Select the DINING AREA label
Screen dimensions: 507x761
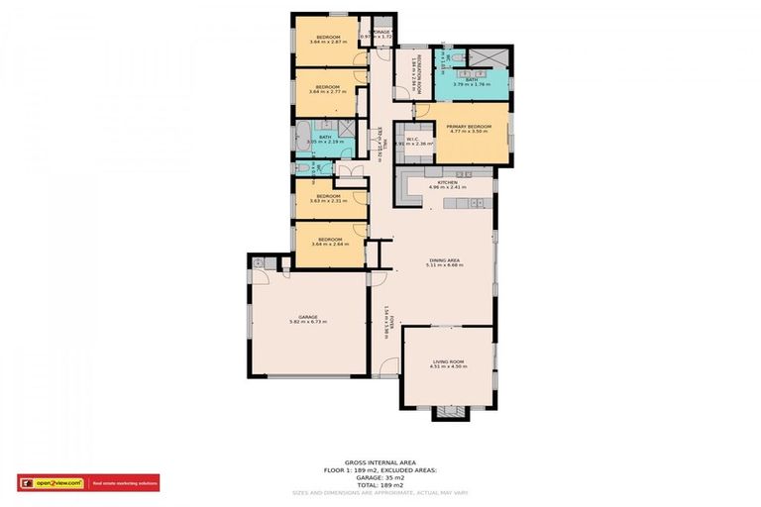[x=445, y=260]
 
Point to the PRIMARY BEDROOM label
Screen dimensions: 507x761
[x=469, y=127]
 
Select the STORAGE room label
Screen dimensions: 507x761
[x=380, y=33]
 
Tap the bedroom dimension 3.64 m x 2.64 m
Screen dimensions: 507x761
[x=329, y=245]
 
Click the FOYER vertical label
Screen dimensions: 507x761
[x=391, y=322]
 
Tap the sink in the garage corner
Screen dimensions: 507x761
[x=258, y=263]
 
